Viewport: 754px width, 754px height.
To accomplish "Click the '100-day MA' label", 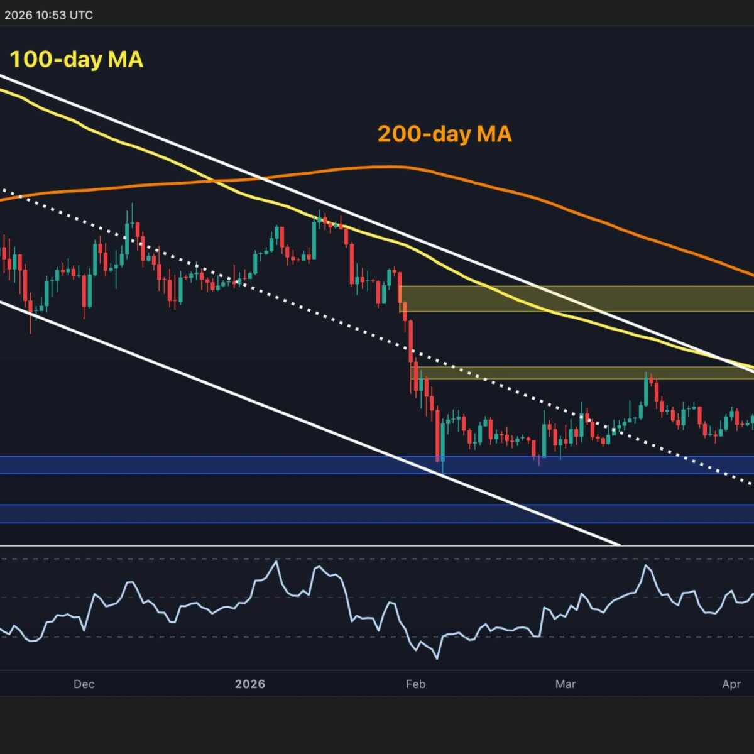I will pos(76,60).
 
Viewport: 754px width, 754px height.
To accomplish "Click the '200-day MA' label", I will pos(444,134).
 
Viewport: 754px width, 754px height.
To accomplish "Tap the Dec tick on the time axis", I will pos(84,684).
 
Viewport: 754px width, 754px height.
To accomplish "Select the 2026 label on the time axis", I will pos(250,684).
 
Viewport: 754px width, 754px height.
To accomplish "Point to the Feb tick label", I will pos(416,684).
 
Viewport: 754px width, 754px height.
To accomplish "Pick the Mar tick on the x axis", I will pos(565,684).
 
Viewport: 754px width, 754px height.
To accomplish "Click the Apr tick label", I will pos(731,684).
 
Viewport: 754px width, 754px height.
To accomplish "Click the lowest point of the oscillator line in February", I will pos(436,658).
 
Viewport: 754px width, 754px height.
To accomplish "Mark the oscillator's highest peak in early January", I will pos(275,561).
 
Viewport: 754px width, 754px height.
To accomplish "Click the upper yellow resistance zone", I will pos(575,298).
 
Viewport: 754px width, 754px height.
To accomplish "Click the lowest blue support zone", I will pos(377,513).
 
